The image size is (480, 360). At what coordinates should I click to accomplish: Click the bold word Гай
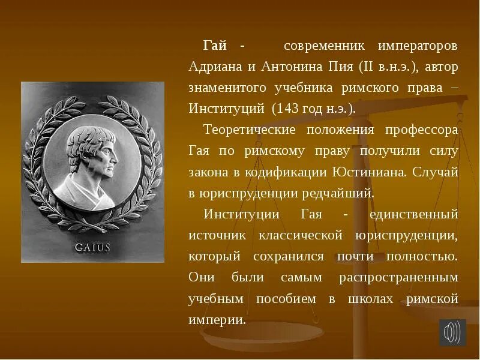pos(215,46)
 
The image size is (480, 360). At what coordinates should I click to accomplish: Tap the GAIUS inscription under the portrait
pos(92,247)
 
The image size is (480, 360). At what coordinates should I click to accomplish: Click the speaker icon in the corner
pos(452,332)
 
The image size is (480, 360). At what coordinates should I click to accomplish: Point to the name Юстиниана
pos(369,172)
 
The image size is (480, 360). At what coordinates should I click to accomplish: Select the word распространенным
pos(398,277)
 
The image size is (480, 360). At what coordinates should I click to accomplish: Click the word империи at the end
pos(216,319)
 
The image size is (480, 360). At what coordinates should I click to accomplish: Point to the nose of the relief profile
pos(115,157)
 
